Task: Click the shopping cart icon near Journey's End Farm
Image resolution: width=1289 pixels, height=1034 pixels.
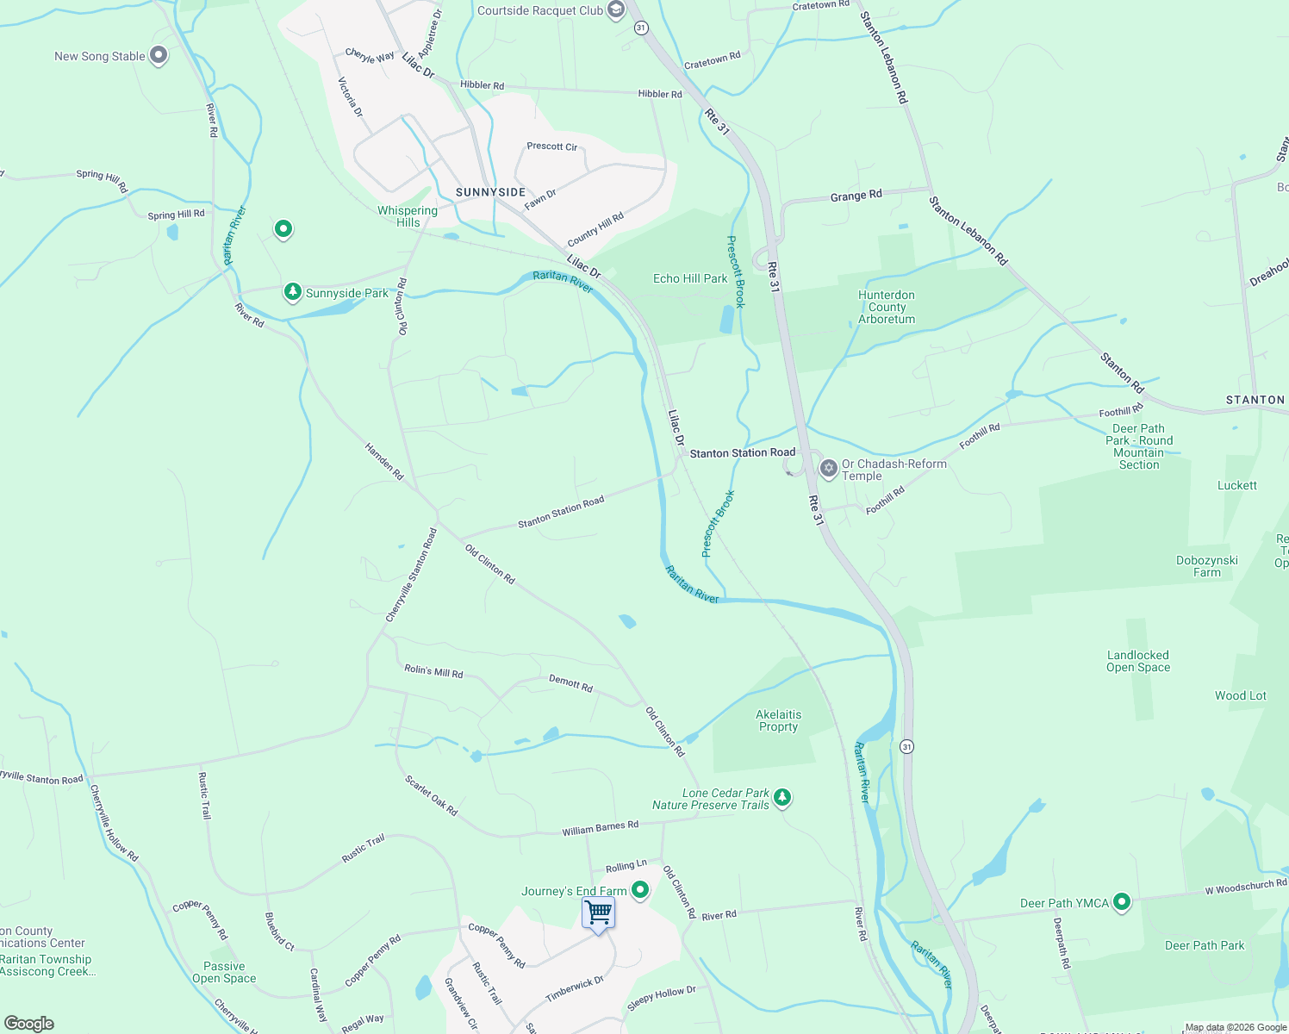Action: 598,913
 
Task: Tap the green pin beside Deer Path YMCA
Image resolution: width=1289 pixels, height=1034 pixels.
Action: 1121,902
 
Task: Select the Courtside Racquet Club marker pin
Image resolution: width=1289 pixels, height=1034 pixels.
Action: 615,10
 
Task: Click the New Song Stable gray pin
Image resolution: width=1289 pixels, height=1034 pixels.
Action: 158,56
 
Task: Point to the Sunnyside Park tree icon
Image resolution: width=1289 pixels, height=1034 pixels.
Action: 293,292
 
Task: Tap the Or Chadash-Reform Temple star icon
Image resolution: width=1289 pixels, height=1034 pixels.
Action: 828,469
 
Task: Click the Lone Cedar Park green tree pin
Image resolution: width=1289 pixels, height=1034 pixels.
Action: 781,798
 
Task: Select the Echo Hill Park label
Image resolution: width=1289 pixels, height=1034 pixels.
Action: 690,278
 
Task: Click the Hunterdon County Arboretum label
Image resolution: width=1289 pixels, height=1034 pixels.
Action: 887,307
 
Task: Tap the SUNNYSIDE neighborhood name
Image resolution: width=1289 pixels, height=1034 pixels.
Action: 490,192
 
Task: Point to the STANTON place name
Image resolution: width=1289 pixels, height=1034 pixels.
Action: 1255,400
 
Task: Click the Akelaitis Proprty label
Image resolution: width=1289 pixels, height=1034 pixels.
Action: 778,720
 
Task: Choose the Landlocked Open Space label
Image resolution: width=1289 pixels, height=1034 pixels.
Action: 1138,661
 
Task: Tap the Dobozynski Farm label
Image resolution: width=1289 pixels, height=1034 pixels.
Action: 1206,566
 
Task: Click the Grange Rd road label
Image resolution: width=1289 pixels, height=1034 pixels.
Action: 856,196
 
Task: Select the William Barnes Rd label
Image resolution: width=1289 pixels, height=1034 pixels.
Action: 601,828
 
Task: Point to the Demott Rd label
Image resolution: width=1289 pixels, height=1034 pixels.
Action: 570,683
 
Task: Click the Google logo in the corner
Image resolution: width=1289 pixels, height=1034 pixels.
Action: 29,1024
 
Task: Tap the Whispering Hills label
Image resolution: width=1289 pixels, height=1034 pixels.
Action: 408,216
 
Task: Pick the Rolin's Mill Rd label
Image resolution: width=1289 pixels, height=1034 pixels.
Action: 433,671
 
